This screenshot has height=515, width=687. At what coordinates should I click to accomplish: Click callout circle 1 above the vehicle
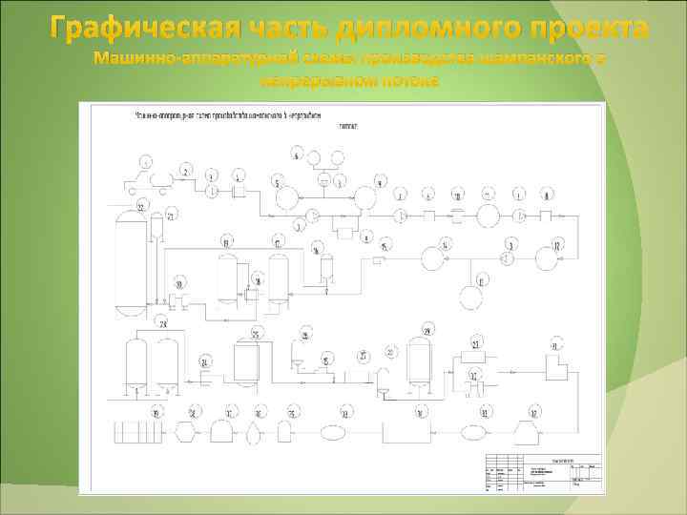[x=145, y=159]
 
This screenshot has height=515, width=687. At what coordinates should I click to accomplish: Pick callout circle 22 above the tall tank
[x=142, y=206]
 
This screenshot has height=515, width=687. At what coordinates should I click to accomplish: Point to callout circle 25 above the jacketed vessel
[x=256, y=332]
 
